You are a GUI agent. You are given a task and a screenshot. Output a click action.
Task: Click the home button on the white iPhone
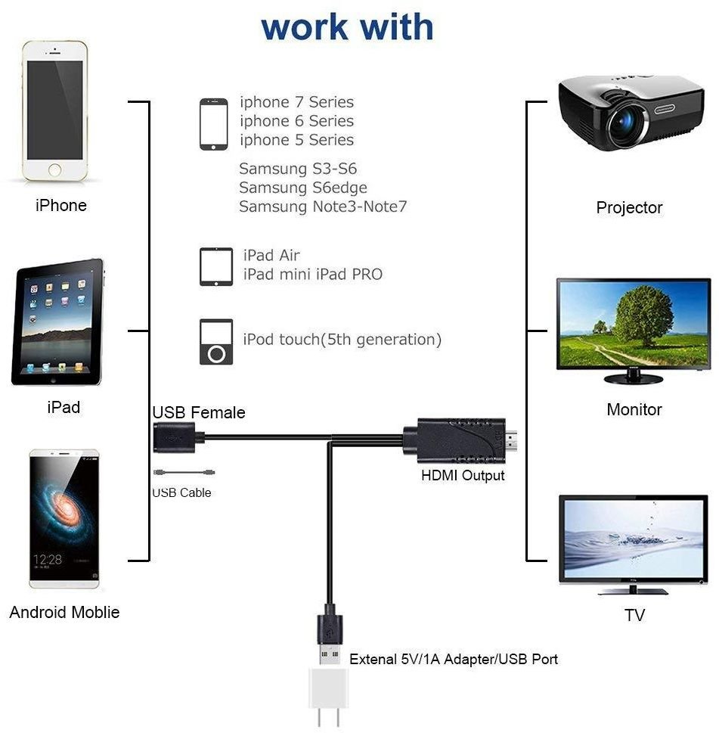[x=55, y=169]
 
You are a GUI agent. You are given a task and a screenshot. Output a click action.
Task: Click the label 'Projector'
[x=629, y=207]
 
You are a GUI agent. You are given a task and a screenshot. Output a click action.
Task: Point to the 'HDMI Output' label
[x=463, y=476]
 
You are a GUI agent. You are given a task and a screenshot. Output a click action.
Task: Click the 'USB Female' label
[x=199, y=413]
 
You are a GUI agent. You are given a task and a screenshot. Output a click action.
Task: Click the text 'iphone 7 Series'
[x=296, y=102]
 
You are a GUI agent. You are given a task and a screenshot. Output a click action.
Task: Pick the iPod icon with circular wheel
[x=215, y=343]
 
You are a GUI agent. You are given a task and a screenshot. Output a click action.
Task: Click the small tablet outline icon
[x=216, y=266]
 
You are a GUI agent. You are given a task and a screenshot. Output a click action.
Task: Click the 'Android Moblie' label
[x=64, y=612]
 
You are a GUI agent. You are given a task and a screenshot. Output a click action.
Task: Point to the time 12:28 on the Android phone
[x=48, y=559]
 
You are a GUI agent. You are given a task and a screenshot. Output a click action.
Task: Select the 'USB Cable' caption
[x=181, y=493]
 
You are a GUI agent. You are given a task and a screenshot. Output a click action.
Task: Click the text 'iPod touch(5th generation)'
[x=342, y=340]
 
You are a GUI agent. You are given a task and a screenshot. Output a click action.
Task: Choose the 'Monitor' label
[x=634, y=410]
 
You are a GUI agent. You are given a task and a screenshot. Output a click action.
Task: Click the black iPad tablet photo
[x=58, y=322]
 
